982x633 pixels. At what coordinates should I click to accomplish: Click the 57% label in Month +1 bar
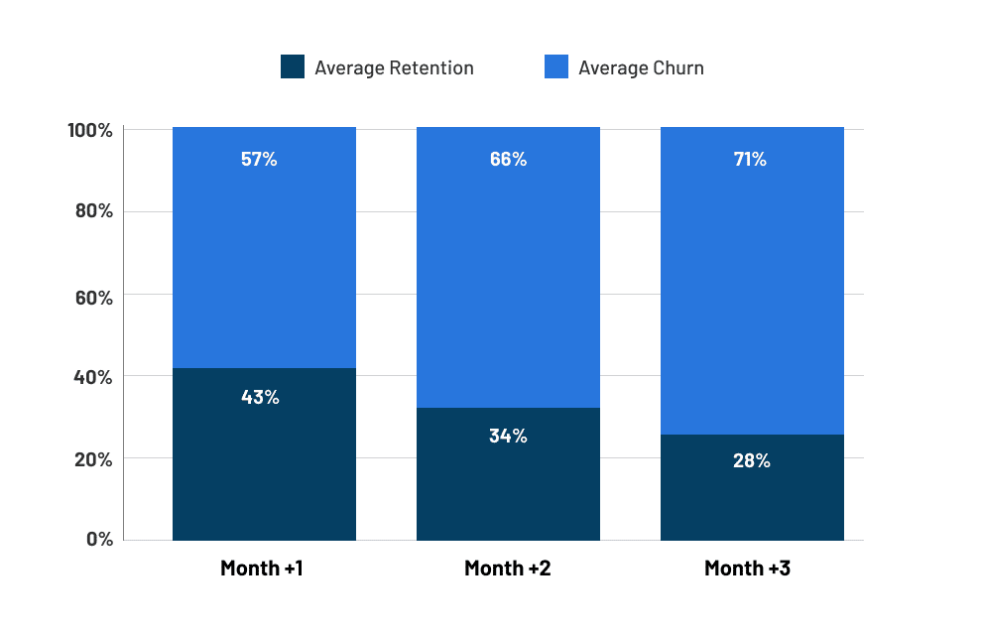259,159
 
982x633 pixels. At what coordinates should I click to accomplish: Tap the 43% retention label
260,397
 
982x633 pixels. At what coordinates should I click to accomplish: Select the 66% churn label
508,159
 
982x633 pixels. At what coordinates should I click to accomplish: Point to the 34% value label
508,436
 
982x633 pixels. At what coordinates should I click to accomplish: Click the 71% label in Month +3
751,159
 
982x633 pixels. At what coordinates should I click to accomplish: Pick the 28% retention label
751,460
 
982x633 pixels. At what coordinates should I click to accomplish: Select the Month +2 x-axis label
508,569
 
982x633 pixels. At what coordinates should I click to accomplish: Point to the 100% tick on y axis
90,131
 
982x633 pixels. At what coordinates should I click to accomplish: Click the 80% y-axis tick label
93,211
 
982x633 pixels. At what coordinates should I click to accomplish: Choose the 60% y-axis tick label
93,297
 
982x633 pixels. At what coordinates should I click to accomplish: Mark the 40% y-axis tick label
93,377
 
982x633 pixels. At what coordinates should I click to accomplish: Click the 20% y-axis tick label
93,459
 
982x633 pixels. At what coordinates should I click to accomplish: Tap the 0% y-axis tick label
98,540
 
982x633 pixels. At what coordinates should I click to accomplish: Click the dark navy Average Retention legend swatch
293,67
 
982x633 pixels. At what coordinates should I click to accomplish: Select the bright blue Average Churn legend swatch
556,67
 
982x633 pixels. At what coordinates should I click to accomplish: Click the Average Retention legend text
394,68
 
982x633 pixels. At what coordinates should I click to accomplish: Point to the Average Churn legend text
641,68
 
